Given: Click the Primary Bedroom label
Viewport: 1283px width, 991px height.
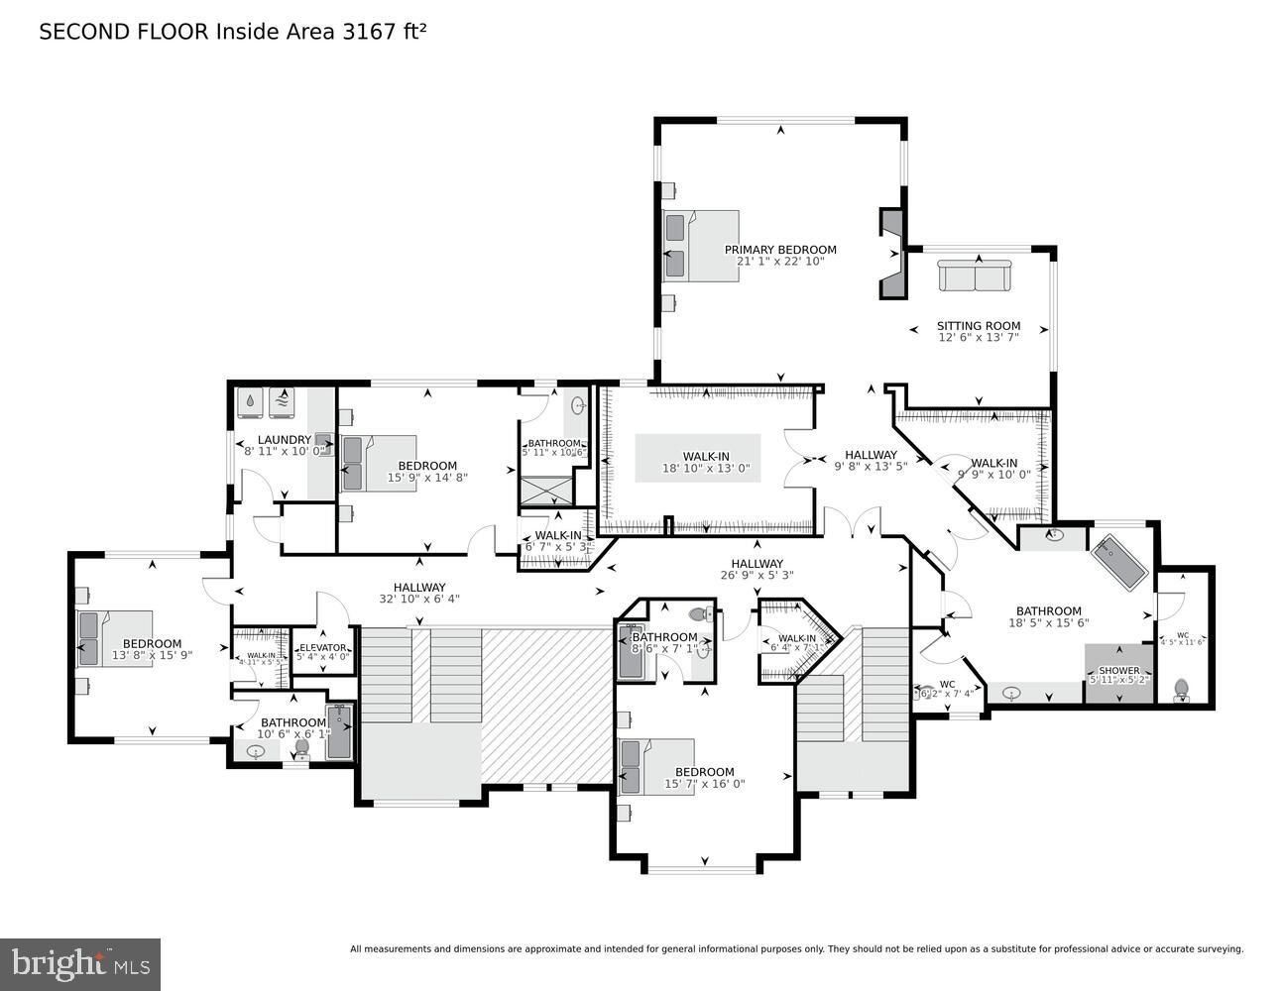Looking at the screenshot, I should point(780,250).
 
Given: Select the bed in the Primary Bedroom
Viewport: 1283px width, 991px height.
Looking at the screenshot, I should point(702,246).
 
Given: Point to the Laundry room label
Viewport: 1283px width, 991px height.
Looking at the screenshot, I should point(285,440).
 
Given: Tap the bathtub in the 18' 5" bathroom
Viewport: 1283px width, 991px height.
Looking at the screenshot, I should point(1118,561).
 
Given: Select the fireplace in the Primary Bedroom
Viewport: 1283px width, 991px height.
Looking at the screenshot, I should point(892,253).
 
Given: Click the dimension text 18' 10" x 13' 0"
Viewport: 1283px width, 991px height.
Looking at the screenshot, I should point(706,469).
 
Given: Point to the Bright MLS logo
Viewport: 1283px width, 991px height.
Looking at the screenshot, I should point(80,964).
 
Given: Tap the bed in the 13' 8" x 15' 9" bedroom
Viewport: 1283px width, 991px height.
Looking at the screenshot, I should point(116,638).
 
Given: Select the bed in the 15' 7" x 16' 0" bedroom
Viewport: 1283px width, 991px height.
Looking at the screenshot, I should point(655,767).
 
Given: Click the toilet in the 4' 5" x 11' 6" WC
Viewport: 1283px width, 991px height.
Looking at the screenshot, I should point(1181,688).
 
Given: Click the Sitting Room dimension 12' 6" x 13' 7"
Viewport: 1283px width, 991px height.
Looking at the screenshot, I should point(979,337).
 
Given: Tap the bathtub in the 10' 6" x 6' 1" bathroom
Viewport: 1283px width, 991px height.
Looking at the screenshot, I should point(339,732).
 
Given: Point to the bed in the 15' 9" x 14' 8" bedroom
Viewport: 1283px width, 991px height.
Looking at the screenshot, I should point(378,463).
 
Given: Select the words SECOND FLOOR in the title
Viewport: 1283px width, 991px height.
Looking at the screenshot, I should point(124,32).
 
